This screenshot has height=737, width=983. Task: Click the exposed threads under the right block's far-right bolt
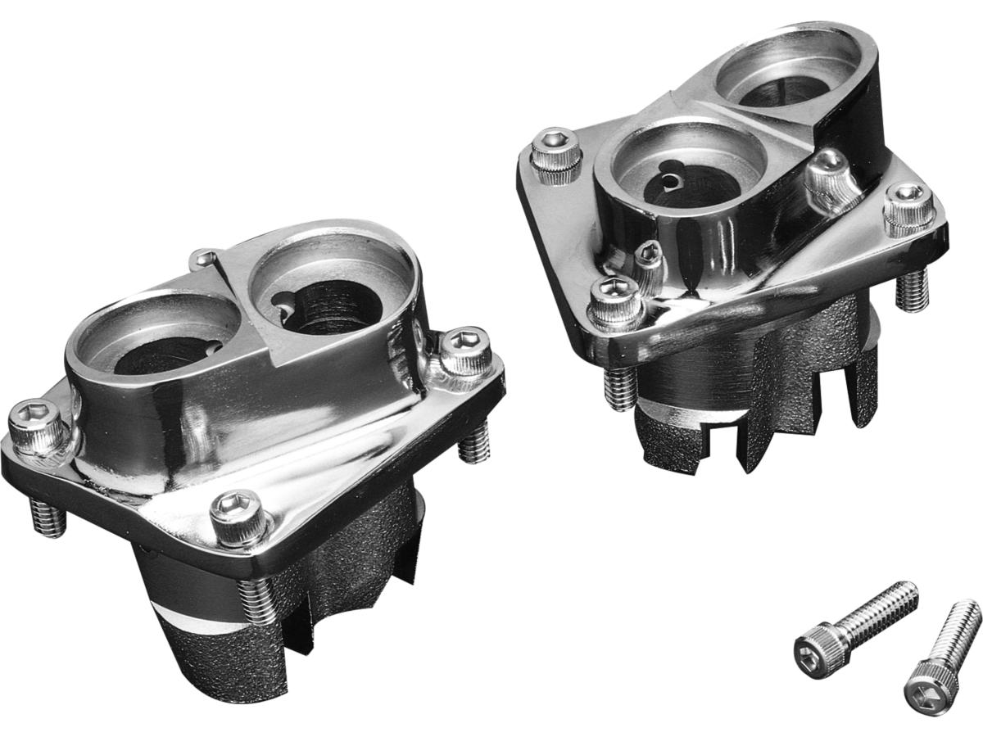pos(912,291)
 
